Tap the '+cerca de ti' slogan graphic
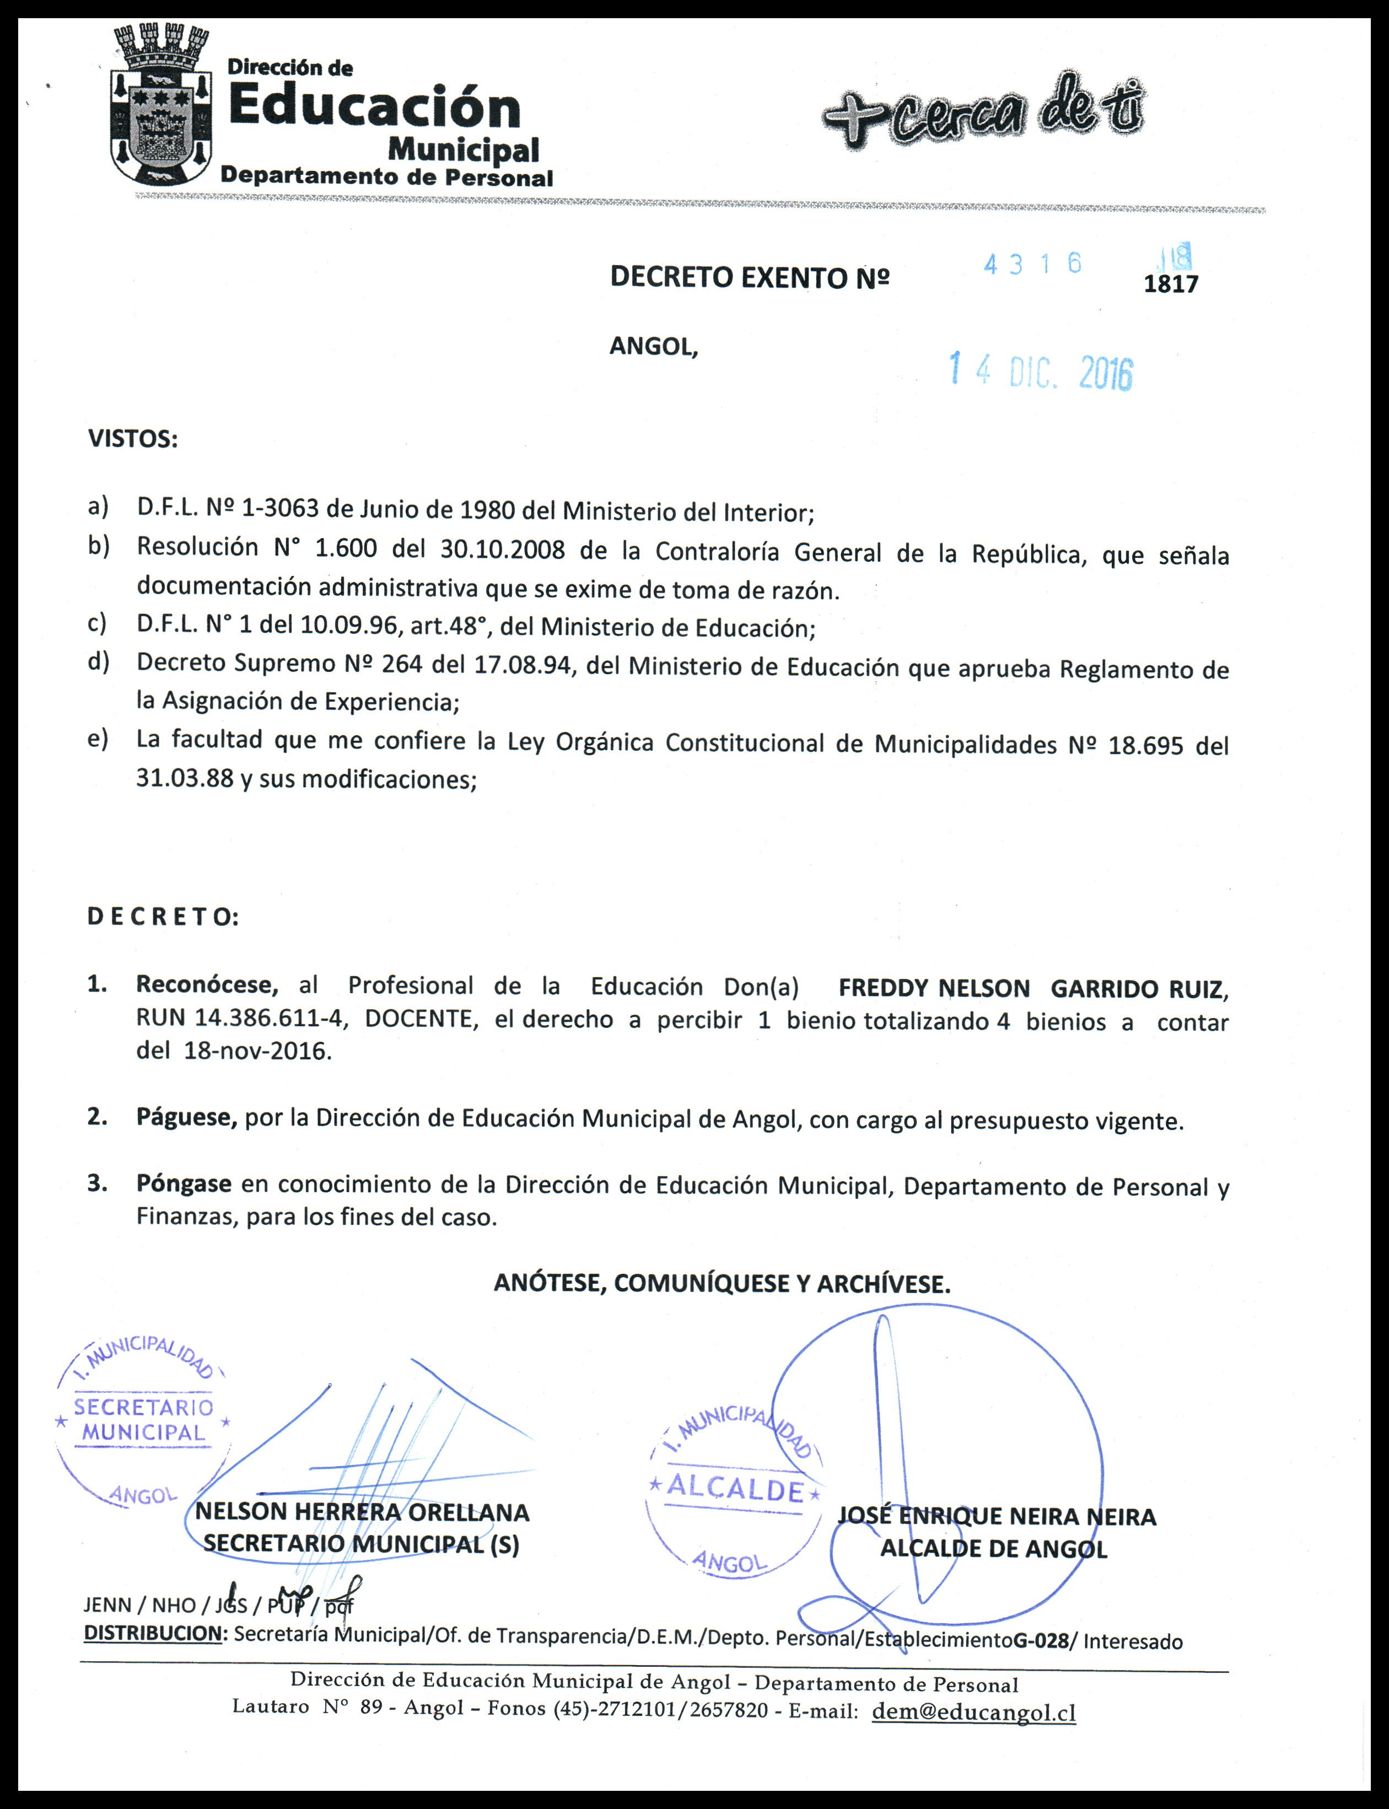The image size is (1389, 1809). coord(984,114)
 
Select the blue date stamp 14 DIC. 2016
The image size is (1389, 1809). coord(1040,372)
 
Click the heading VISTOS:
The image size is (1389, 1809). coord(132,439)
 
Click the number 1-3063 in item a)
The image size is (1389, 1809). coord(279,508)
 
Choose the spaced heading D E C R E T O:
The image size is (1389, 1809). coord(163,917)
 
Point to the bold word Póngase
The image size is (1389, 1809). coord(184,1184)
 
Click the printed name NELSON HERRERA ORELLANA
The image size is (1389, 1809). coord(362,1513)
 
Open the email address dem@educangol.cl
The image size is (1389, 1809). coord(973,1711)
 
